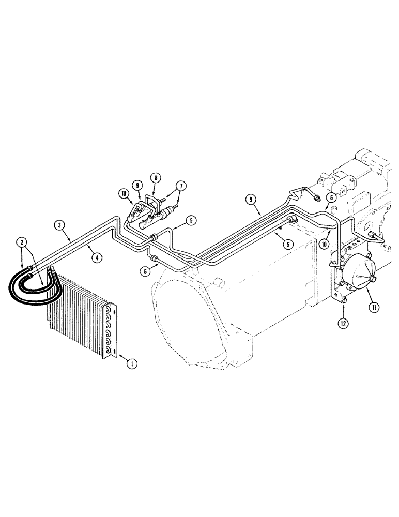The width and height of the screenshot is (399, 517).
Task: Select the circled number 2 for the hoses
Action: pyautogui.click(x=21, y=241)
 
